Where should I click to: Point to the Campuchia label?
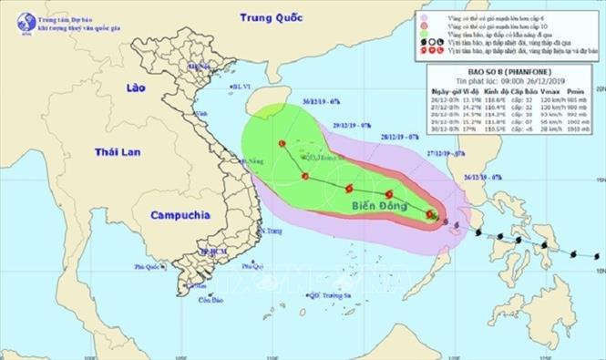tap(180, 216)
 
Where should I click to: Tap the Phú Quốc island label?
tap(147, 267)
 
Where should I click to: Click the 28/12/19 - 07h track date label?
tap(398, 134)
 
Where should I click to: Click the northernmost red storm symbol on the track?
tap(282, 144)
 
